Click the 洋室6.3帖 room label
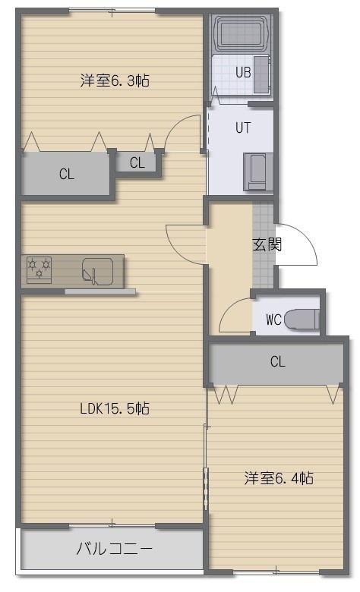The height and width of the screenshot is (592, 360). (x=115, y=80)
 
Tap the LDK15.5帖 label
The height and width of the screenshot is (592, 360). (x=115, y=408)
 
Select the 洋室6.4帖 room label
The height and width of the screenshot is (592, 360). (x=279, y=478)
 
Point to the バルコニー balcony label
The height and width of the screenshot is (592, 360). (x=114, y=548)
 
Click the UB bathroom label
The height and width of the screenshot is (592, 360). (x=243, y=72)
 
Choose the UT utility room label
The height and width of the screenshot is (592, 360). (x=243, y=128)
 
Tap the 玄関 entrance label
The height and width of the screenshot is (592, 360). (x=267, y=244)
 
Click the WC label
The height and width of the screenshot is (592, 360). (x=274, y=320)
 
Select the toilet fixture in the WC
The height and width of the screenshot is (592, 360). (x=302, y=320)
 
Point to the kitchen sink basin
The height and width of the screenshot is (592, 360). (x=98, y=271)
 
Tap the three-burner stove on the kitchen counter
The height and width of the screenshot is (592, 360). (x=39, y=269)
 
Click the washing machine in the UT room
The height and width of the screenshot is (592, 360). (x=258, y=172)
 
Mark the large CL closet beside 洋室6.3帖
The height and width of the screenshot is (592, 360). (x=66, y=174)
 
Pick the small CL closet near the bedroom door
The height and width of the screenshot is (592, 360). (x=137, y=162)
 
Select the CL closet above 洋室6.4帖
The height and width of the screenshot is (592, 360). (x=277, y=362)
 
